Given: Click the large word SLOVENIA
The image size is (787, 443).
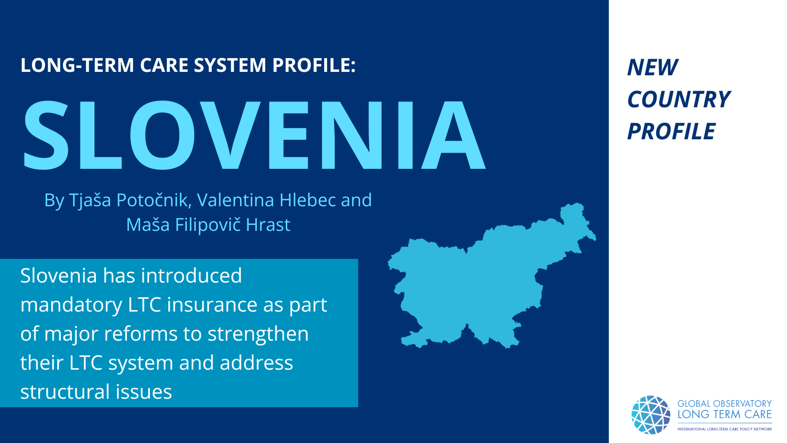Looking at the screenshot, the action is coord(254,135).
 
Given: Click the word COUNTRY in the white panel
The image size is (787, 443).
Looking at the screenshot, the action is coord(679,99).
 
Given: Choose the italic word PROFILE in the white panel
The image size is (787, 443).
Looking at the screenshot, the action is coord(671,131).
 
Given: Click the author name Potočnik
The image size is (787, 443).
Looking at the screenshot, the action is coord(153,200).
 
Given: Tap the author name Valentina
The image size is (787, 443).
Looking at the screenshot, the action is coord(236,200).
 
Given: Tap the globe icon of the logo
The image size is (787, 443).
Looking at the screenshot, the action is coord(651,415).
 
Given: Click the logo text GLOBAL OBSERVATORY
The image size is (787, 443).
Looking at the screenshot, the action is coord(725,404).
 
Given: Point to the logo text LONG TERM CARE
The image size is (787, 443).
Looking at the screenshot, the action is coord(725,414).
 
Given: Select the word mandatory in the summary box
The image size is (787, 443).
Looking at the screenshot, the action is coord(71,305).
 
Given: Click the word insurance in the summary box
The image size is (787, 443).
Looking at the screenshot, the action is coord(212,304).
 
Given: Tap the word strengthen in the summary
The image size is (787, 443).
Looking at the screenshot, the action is coord(258,333).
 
